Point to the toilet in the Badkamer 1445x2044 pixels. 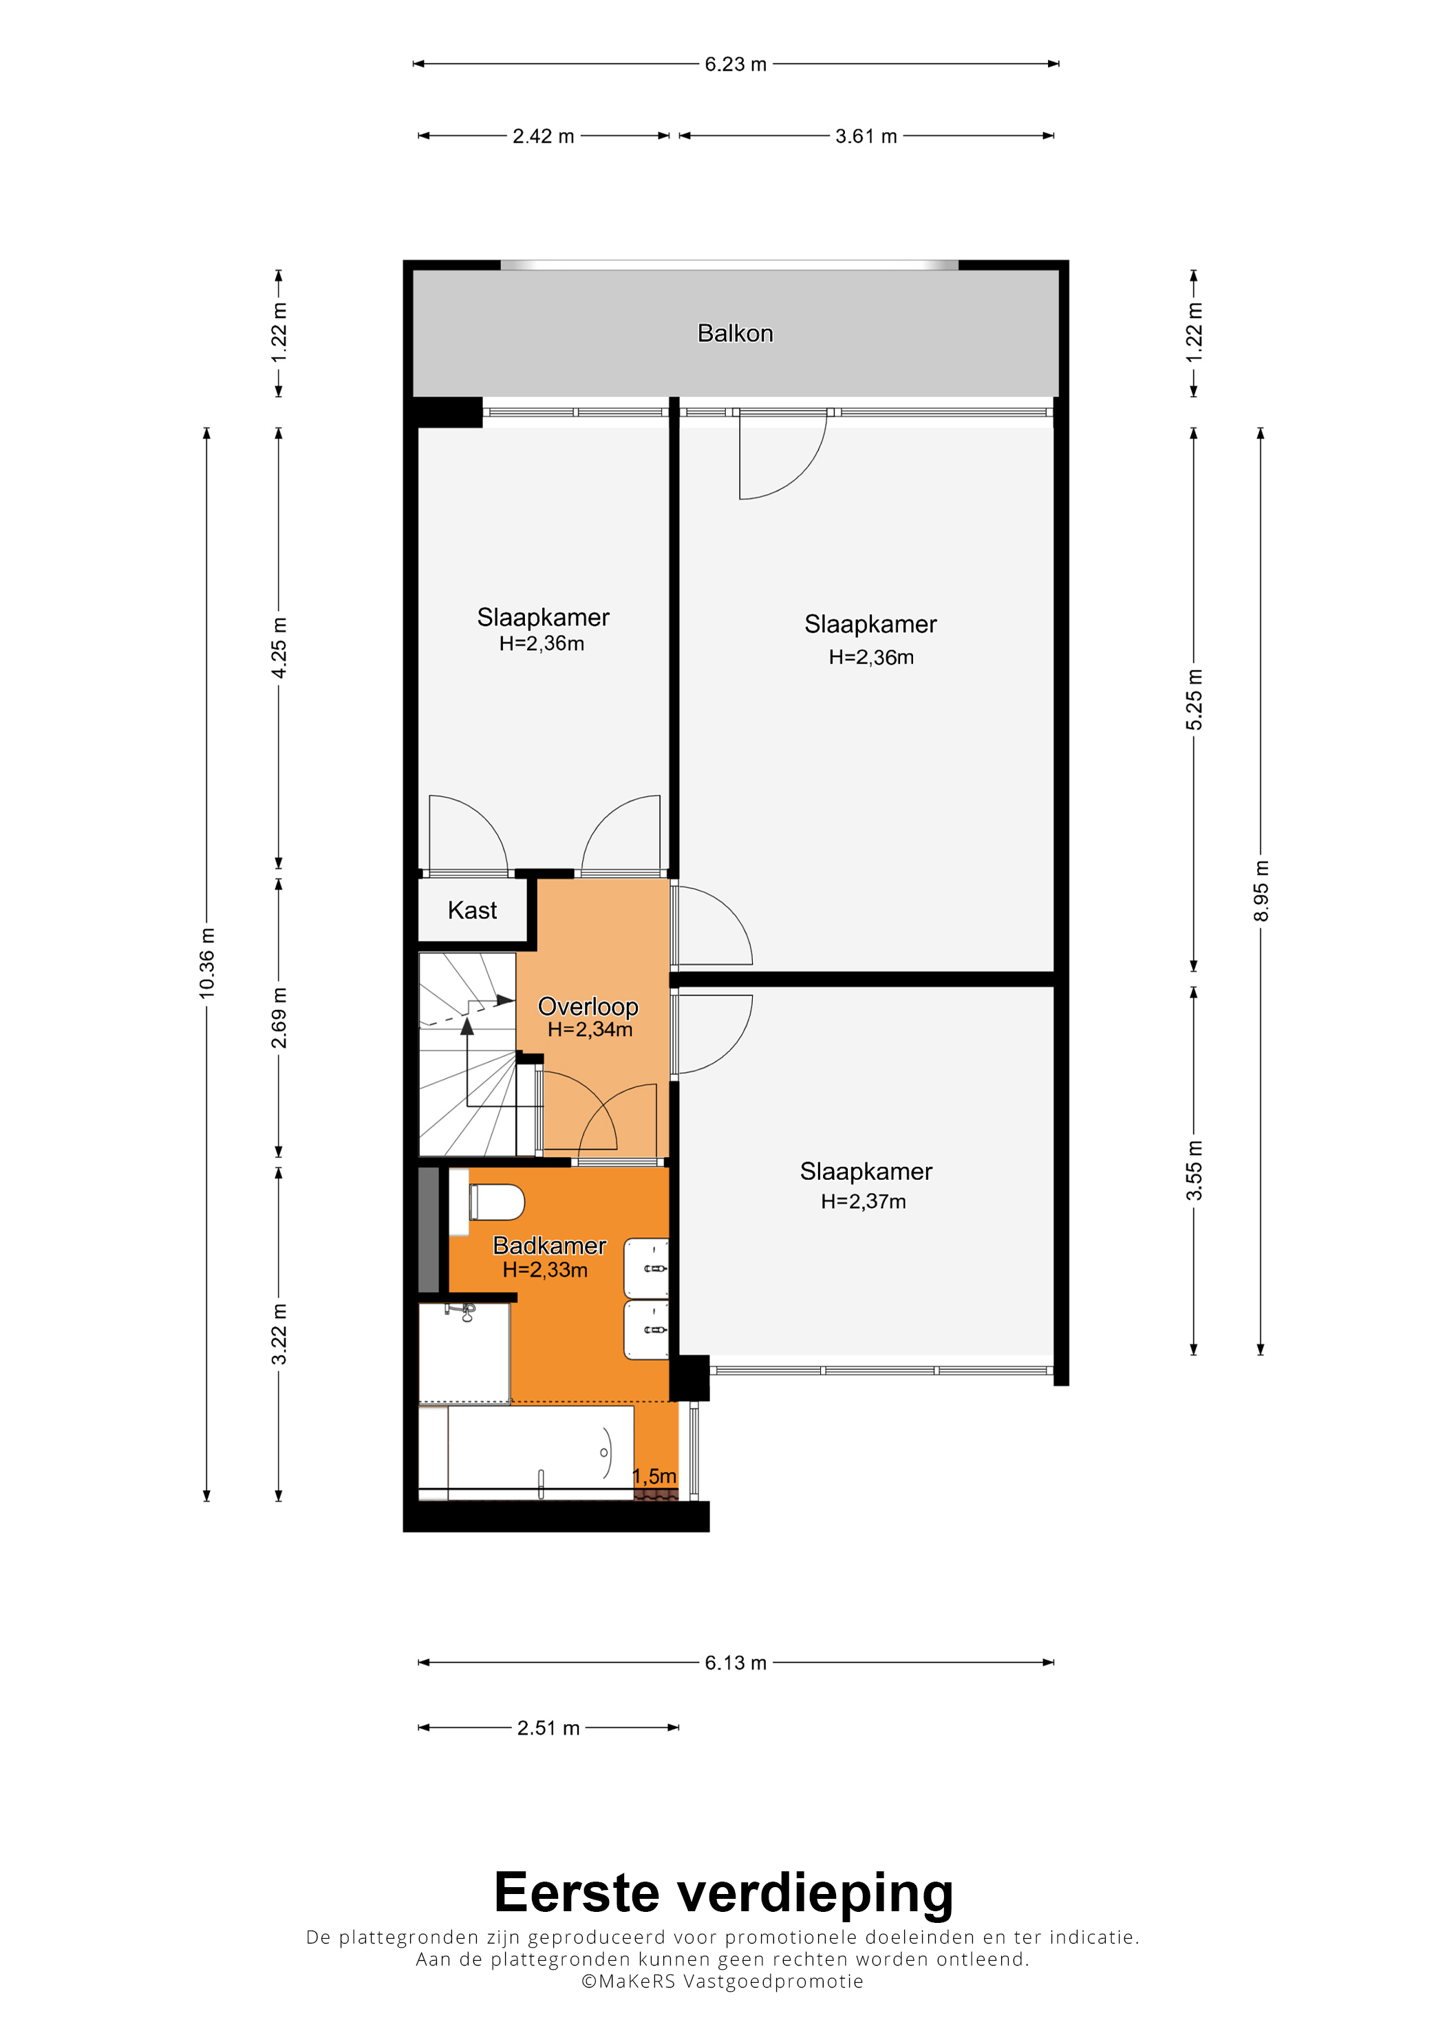tap(496, 1202)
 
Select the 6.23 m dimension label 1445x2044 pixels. tap(736, 64)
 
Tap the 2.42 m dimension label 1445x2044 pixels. tap(543, 136)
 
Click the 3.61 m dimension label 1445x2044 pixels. tap(866, 136)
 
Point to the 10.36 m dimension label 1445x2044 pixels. tap(206, 962)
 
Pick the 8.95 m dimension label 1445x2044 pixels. tap(1261, 891)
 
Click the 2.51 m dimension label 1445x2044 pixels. tap(548, 1728)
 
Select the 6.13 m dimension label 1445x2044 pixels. tap(736, 1663)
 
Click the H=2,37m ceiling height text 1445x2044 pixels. tap(863, 1201)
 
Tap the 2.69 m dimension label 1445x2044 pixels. tap(279, 1018)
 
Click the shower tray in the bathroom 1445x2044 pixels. tap(464, 1353)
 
